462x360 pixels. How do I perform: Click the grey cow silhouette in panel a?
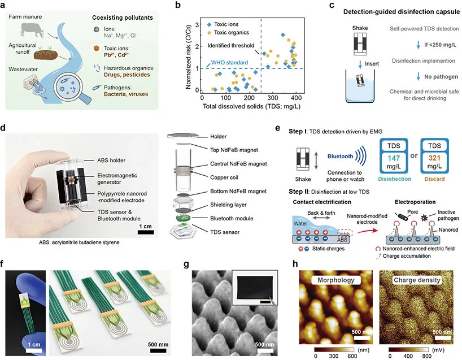pyautogui.click(x=32, y=29)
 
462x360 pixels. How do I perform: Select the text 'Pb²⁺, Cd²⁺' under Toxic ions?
pyautogui.click(x=116, y=55)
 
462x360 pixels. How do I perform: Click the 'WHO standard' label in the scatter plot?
pyautogui.click(x=229, y=63)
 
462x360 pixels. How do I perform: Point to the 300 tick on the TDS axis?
pyautogui.click(x=273, y=98)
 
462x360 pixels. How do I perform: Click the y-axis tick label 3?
pyautogui.click(x=197, y=24)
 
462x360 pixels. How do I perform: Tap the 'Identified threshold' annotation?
pyautogui.click(x=230, y=45)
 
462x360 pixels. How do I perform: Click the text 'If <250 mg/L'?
pyautogui.click(x=440, y=45)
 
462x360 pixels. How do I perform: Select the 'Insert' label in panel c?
pyautogui.click(x=372, y=64)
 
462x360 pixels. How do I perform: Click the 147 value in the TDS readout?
pyautogui.click(x=394, y=158)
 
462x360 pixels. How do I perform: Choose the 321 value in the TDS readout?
pyautogui.click(x=434, y=158)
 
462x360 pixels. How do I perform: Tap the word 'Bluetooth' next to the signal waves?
pyautogui.click(x=341, y=157)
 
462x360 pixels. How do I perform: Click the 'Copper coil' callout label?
pyautogui.click(x=224, y=177)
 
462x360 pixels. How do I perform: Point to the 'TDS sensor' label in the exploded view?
pyautogui.click(x=225, y=232)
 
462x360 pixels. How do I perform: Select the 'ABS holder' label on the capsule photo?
pyautogui.click(x=111, y=161)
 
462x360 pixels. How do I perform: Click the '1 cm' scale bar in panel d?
pyautogui.click(x=146, y=232)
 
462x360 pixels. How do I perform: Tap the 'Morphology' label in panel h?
pyautogui.click(x=336, y=280)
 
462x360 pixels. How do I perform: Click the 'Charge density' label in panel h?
pyautogui.click(x=417, y=280)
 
